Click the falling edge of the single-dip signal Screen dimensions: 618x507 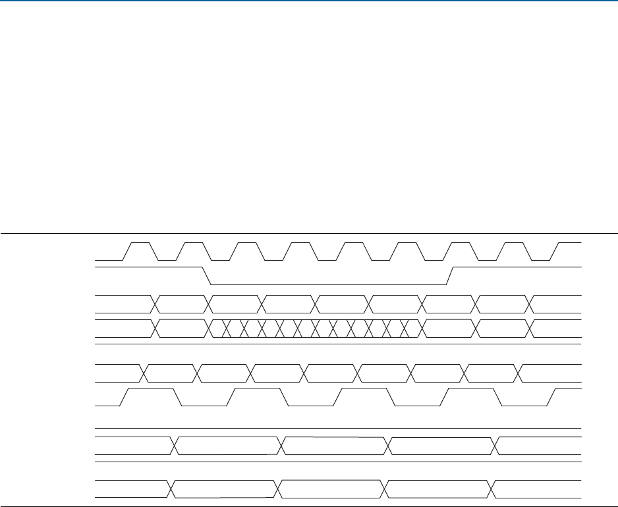click(205, 276)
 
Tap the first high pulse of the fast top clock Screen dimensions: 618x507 click(140, 243)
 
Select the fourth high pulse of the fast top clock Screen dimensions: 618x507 click(300, 243)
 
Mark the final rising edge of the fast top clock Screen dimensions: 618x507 click(555, 252)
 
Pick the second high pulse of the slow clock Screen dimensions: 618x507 click(258, 389)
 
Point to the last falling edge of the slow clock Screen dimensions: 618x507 click(499, 397)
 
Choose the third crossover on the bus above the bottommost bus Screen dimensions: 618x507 click(389, 446)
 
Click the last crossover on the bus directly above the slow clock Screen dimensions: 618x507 click(520, 373)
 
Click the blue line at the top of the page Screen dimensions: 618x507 click(309, 1)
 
